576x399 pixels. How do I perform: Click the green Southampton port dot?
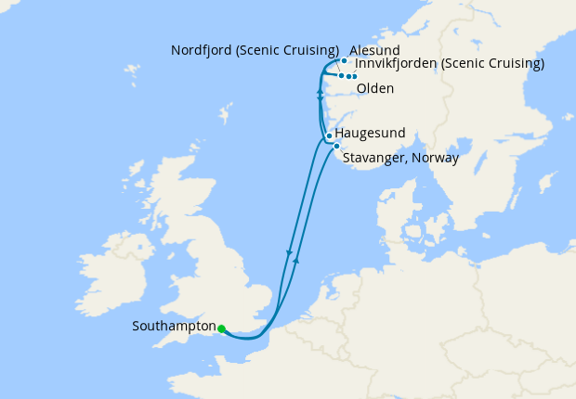click(221, 328)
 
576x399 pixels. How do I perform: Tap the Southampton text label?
click(174, 327)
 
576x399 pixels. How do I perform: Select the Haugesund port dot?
click(329, 135)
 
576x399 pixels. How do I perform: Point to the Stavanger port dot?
click(335, 146)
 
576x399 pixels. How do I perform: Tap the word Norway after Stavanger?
click(437, 159)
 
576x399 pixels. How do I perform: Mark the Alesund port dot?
click(344, 61)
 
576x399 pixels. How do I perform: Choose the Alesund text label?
click(376, 50)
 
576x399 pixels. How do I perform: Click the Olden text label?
click(374, 89)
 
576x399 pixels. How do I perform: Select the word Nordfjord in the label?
click(205, 50)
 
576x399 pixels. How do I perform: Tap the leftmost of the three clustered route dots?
click(341, 75)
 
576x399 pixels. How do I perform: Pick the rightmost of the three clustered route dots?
click(355, 76)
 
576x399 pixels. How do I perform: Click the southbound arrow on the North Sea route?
click(290, 252)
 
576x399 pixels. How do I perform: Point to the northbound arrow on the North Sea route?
click(296, 262)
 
